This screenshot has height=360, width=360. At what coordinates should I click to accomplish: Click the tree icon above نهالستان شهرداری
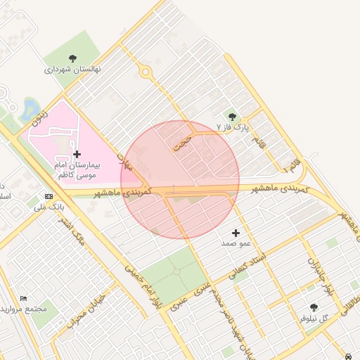pyautogui.click(x=73, y=58)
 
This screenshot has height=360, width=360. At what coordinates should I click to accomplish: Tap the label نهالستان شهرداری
pyautogui.click(x=73, y=70)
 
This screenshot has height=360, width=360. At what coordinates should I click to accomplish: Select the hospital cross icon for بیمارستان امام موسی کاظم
pyautogui.click(x=76, y=153)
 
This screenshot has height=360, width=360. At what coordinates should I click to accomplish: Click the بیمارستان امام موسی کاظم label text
pyautogui.click(x=79, y=168)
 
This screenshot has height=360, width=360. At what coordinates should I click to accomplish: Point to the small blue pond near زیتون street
pyautogui.click(x=30, y=108)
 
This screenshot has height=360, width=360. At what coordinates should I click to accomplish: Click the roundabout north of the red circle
pyautogui.click(x=146, y=71)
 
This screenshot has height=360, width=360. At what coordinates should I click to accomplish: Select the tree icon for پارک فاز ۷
pyautogui.click(x=232, y=116)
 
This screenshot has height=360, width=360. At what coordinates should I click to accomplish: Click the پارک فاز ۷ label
pyautogui.click(x=233, y=128)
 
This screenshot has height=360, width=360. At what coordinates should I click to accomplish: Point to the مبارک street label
pyautogui.click(x=124, y=162)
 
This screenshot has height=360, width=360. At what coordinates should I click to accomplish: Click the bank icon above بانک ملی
pyautogui.click(x=49, y=196)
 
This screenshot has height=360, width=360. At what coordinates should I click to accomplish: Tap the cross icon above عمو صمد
pyautogui.click(x=236, y=232)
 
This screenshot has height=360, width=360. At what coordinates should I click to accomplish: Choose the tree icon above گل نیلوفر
pyautogui.click(x=314, y=307)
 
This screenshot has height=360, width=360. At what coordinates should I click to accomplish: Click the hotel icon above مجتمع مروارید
pyautogui.click(x=25, y=298)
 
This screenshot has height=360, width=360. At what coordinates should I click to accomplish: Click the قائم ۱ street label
pyautogui.click(x=290, y=166)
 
